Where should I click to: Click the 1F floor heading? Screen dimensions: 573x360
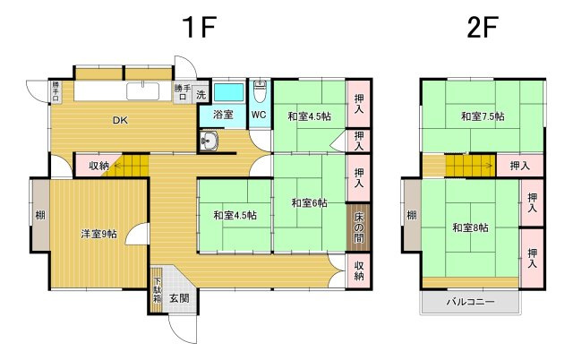click(x=199, y=27)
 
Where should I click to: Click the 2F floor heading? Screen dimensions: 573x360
click(x=483, y=27)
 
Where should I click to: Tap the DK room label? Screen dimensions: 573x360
click(x=120, y=120)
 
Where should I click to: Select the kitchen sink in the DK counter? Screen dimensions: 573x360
click(x=143, y=91)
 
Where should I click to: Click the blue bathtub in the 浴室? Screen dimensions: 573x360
click(x=228, y=92)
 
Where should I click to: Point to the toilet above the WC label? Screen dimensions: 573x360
click(x=260, y=92)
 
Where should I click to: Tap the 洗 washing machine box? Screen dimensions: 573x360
click(x=201, y=95)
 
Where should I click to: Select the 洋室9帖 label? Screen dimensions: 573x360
click(x=99, y=234)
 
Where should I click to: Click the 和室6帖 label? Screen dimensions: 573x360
click(x=309, y=202)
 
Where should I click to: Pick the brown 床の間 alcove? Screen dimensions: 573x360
click(x=358, y=227)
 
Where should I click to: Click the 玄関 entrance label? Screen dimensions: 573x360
click(x=179, y=298)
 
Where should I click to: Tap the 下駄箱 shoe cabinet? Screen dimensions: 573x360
click(x=157, y=290)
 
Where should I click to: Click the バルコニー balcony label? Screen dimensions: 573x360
click(x=470, y=302)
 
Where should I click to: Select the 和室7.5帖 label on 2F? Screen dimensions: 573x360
click(x=483, y=116)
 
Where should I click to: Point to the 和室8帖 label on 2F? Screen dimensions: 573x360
click(x=470, y=227)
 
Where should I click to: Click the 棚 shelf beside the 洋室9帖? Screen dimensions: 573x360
click(x=40, y=215)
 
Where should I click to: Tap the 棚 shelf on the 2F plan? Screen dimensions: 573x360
click(x=412, y=215)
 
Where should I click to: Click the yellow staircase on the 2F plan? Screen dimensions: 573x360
click(x=470, y=166)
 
